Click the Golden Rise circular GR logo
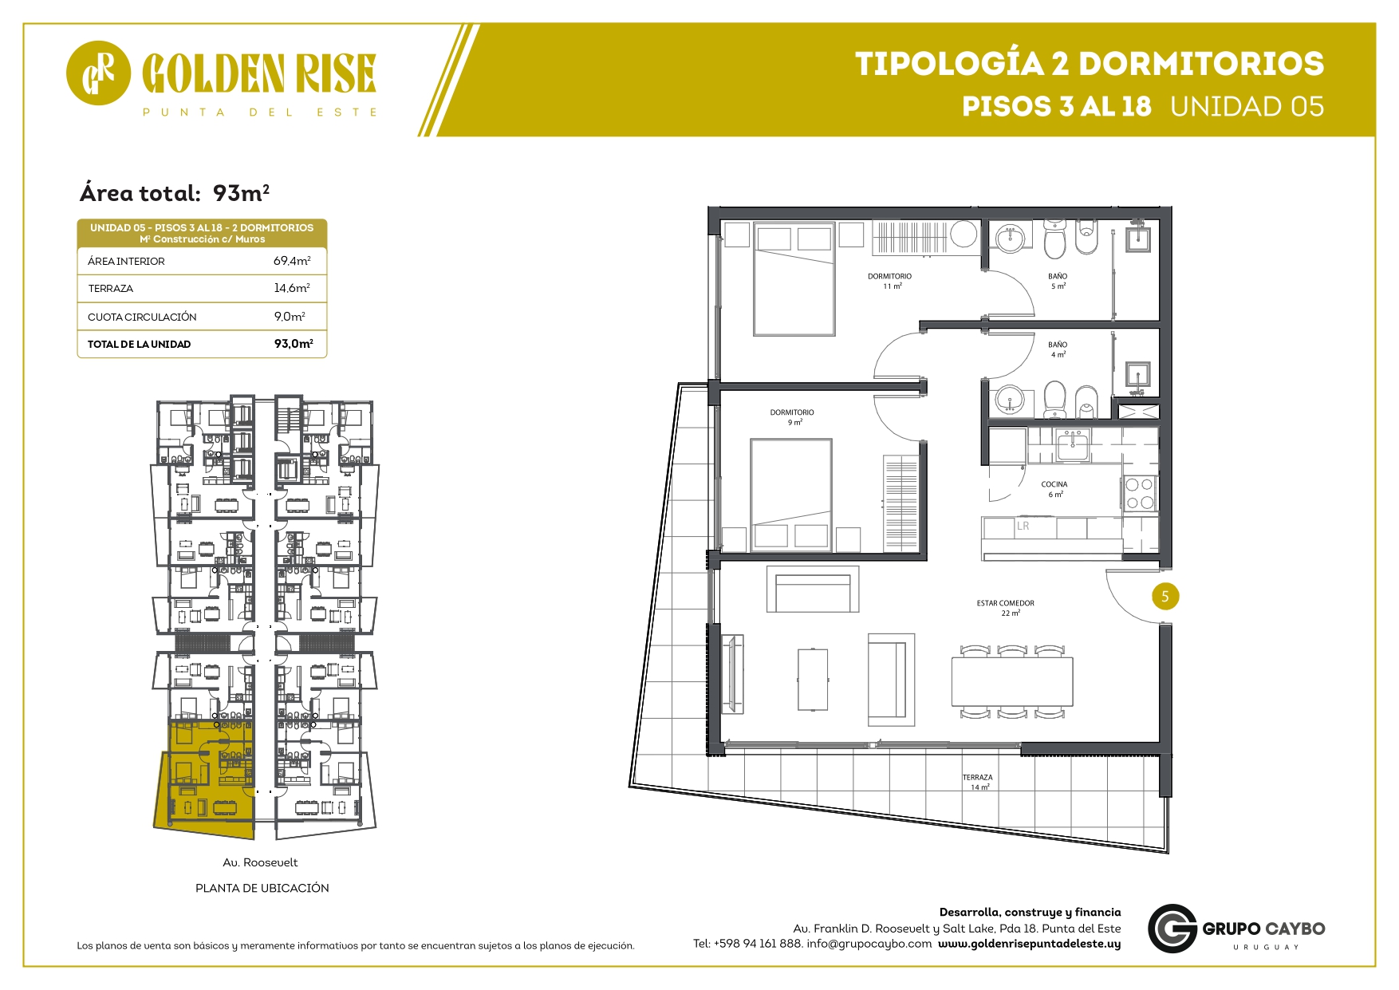pos(98,73)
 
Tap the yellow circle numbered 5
pos(1165,596)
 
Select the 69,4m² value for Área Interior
pos(292,261)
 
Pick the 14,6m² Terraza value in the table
pos(292,288)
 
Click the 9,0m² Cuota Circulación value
pos(290,317)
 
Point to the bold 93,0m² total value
pos(294,344)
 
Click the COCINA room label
pos(1054,489)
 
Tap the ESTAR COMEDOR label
pos(1006,608)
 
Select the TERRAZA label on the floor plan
pos(978,782)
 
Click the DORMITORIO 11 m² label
pos(890,281)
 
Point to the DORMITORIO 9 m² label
pos(792,417)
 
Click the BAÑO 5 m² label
pos(1058,281)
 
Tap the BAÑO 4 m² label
pos(1058,349)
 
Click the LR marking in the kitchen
pos(1023,527)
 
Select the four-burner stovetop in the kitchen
pos(1139,493)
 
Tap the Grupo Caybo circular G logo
pos(1172,929)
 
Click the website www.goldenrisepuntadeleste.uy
pos(1029,944)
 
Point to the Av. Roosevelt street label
pos(260,862)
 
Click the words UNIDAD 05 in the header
pos(1247,106)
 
